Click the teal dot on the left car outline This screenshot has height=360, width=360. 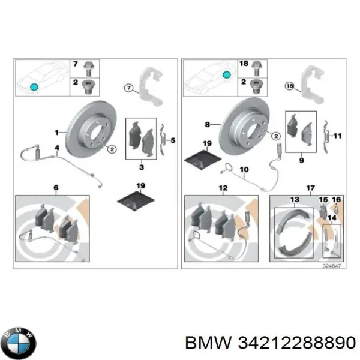point(34,88)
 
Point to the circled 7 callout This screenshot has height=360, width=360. point(128,88)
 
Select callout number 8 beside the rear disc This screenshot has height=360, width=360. point(207,125)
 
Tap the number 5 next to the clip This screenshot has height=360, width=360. point(173,141)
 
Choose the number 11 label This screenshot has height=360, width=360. point(337,136)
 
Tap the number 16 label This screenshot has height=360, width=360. point(337,200)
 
